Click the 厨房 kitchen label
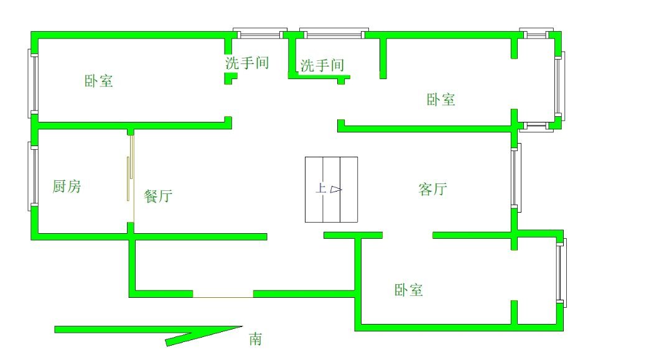coord(67,186)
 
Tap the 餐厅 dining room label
coord(157,196)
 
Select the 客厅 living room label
coord(432,189)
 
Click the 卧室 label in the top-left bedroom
coord(99,81)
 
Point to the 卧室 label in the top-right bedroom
coord(441,99)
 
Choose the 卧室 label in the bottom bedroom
coord(409,290)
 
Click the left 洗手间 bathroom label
coord(246,63)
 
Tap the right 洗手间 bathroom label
coord(322,65)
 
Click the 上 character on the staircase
coord(320,188)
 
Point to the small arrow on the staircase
coord(335,189)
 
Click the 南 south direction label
coord(256,339)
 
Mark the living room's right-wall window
coord(515,177)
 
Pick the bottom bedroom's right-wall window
coord(560,272)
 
